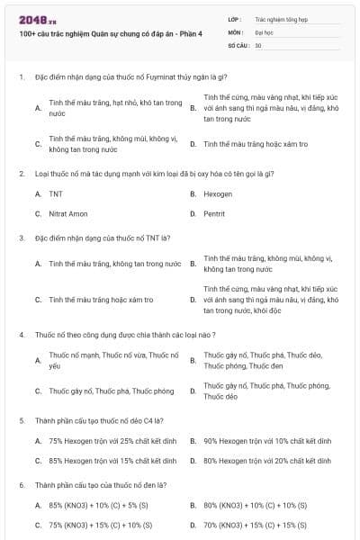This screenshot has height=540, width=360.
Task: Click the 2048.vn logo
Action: (x=37, y=18)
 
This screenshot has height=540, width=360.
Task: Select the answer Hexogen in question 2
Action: (x=218, y=193)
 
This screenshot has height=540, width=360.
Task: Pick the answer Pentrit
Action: (x=215, y=213)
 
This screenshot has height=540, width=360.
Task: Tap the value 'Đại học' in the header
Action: (x=264, y=31)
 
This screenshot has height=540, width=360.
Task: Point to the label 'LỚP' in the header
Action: (x=235, y=18)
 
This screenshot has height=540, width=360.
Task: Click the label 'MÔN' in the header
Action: (x=236, y=31)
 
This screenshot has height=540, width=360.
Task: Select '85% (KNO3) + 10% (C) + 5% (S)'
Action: (x=100, y=506)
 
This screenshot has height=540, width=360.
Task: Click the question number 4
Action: (x=22, y=333)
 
